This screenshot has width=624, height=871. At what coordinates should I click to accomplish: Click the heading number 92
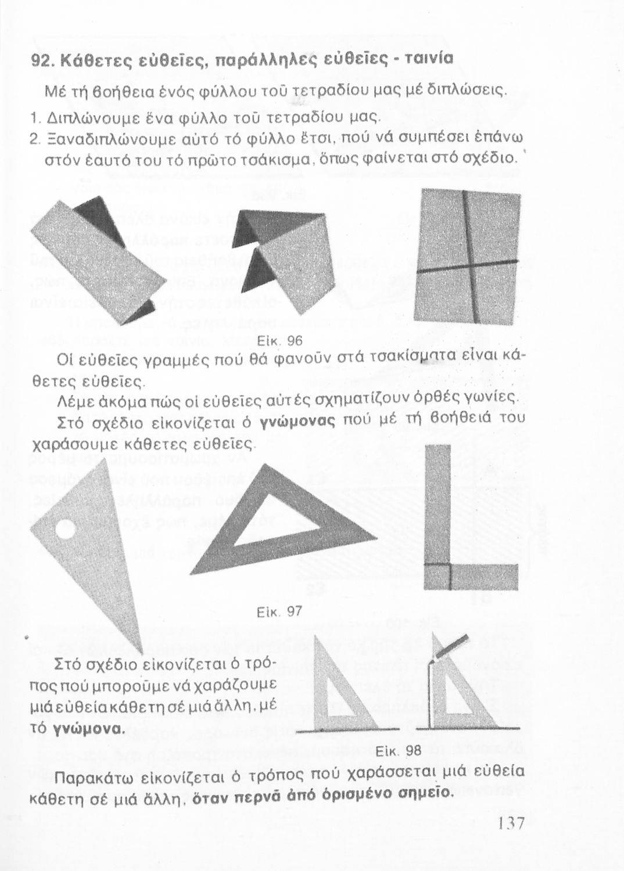(40, 59)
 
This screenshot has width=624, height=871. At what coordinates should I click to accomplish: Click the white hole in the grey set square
(64, 530)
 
